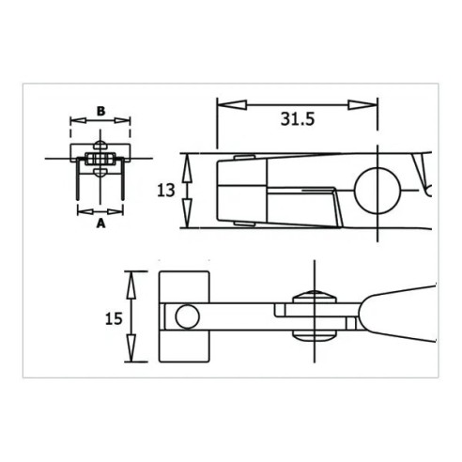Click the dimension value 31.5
pos(298,119)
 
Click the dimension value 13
pos(165,191)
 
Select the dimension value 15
pos(114,318)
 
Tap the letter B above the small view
pos(100,111)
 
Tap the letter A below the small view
pos(100,223)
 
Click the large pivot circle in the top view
pos(377,191)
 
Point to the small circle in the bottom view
pos(187,316)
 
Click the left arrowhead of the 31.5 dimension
pos(232,105)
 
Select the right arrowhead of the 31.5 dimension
pos(362,105)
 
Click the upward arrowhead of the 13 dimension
pos(187,169)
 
